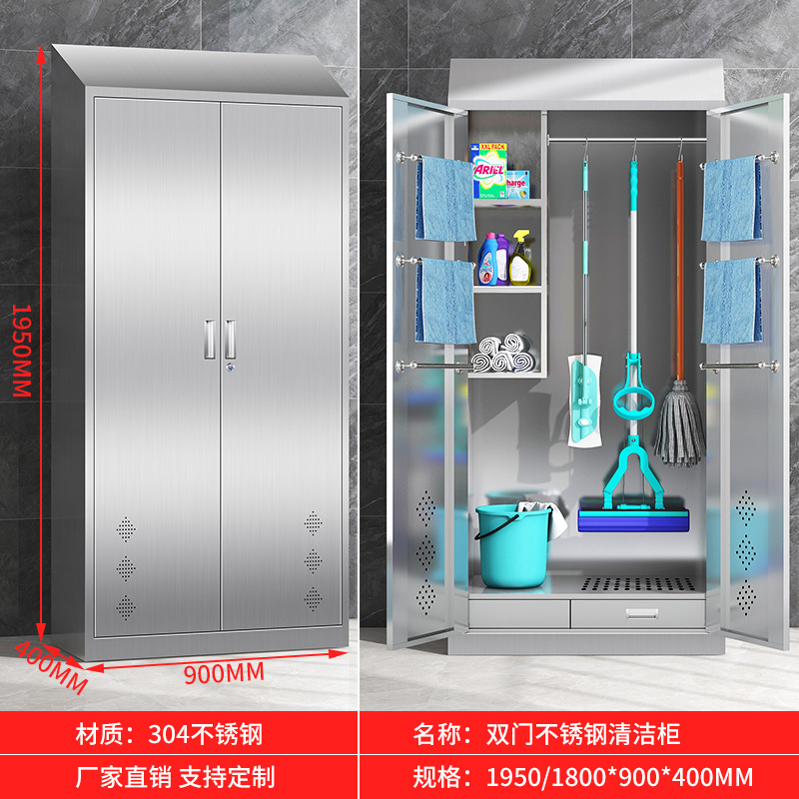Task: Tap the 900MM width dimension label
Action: coord(225,672)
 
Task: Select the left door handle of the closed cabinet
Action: coord(210,339)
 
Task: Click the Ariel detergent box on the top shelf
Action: coord(489,171)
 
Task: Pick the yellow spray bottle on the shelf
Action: coord(522,260)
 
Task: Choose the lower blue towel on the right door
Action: coord(730,301)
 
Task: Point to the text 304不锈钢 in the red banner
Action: coord(205,736)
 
